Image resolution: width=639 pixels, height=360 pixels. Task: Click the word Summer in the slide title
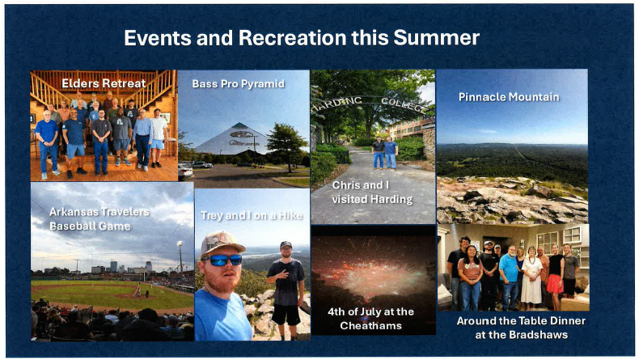click(x=436, y=38)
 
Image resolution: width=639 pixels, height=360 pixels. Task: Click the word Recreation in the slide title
click(x=292, y=38)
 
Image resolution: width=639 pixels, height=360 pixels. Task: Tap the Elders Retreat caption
click(x=104, y=83)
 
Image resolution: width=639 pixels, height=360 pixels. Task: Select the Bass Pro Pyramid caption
click(x=239, y=84)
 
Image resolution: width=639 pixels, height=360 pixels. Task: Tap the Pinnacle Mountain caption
click(x=509, y=97)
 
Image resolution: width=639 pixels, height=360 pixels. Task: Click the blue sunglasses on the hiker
click(x=222, y=260)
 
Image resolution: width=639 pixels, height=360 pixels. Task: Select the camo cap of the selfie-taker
click(x=222, y=243)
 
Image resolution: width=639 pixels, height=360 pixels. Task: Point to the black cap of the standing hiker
click(x=286, y=244)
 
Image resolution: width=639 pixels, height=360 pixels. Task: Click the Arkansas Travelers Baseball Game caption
click(x=99, y=219)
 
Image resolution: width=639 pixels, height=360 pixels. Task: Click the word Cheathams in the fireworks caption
click(x=370, y=326)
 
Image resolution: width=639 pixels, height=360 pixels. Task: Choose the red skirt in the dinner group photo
click(x=555, y=284)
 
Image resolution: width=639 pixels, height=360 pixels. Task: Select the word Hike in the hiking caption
click(x=290, y=216)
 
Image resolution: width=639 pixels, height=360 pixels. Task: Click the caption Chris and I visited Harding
click(x=372, y=192)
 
